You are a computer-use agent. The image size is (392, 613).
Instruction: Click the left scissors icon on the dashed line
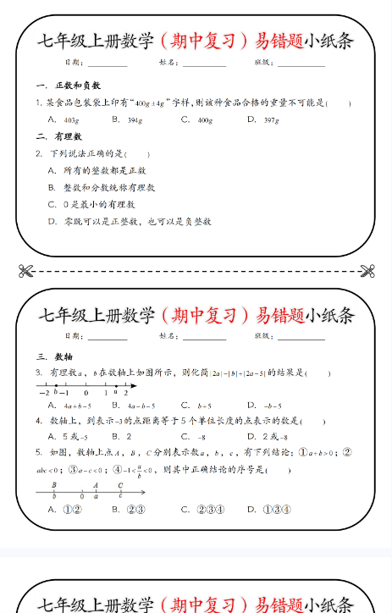click(25, 271)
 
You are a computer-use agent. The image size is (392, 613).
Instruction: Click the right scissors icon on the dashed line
click(367, 271)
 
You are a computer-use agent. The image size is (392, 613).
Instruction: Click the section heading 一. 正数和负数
click(69, 86)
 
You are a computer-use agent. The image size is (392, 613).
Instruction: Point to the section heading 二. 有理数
click(59, 136)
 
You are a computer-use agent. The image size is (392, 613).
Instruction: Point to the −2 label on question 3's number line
click(42, 393)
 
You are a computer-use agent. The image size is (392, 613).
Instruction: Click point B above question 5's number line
click(54, 485)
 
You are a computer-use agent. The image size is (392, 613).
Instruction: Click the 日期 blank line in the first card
click(108, 64)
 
